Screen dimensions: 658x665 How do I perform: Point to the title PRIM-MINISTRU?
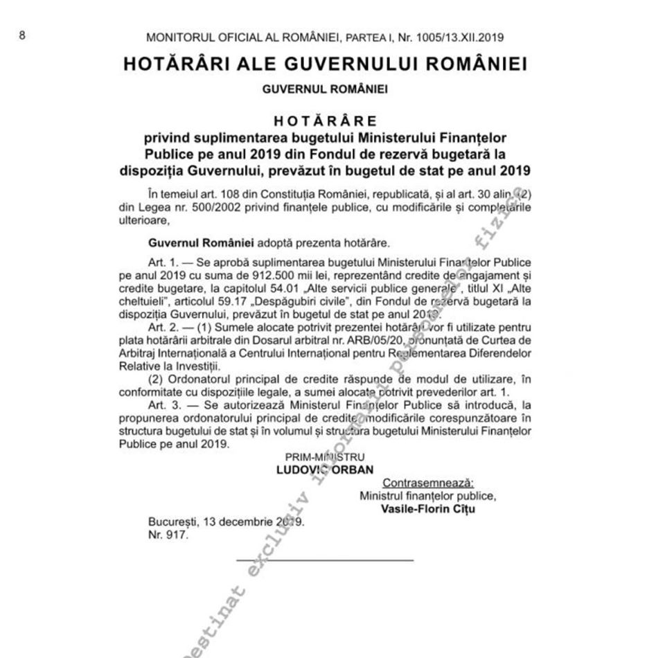325,457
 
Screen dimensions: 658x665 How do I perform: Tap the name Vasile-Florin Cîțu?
428,508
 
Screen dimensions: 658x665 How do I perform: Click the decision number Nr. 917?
168,535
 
